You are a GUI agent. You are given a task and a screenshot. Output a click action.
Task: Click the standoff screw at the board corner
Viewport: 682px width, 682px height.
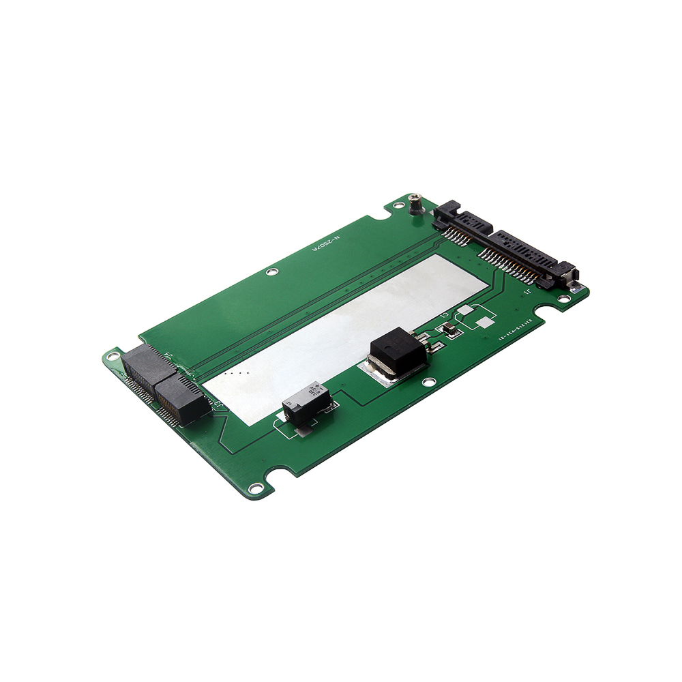pos(414,202)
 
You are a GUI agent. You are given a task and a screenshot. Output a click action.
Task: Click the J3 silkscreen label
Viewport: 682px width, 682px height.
pos(220,404)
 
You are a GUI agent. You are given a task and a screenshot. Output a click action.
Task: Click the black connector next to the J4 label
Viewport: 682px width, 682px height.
pos(147,365)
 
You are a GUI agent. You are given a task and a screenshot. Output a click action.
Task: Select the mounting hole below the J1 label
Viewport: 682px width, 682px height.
pos(563,298)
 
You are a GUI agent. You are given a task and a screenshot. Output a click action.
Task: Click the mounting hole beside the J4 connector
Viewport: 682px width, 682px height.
pos(113,356)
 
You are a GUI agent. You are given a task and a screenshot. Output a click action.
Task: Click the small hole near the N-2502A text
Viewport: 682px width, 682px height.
pos(271,272)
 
